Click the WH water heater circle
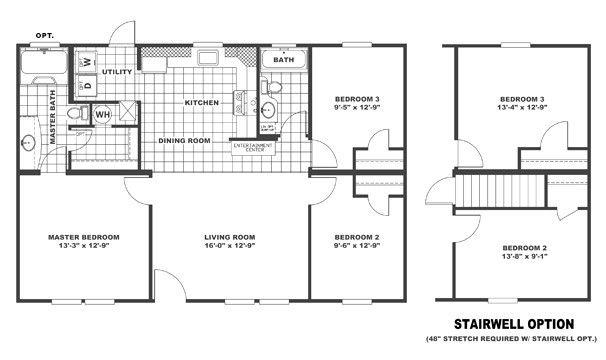point(103,115)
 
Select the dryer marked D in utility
point(87,85)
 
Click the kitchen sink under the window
point(154,66)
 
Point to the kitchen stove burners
point(239,100)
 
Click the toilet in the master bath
point(73,116)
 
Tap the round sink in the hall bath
point(270,110)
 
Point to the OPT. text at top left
point(45,35)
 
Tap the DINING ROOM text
point(184,140)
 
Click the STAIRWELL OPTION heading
point(514,324)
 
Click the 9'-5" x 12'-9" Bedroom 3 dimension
point(356,108)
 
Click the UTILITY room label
point(117,72)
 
